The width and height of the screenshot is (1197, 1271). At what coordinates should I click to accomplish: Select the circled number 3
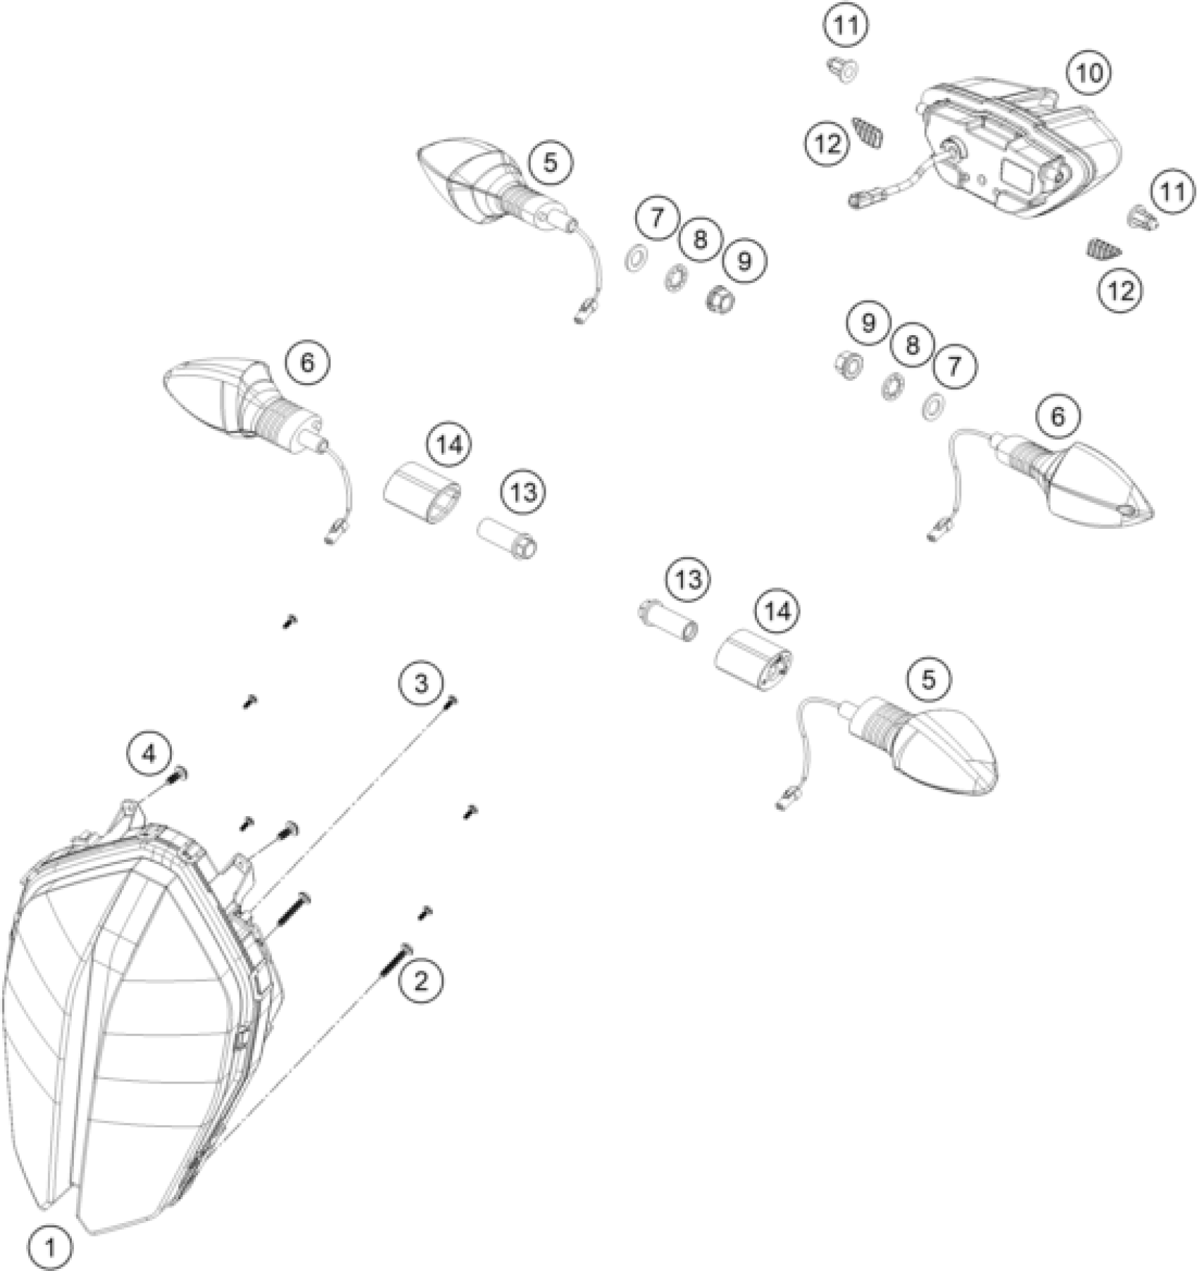pyautogui.click(x=420, y=682)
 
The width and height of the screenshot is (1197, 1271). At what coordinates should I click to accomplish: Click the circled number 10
pyautogui.click(x=1089, y=73)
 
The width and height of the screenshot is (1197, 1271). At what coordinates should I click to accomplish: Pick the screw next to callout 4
pyautogui.click(x=177, y=775)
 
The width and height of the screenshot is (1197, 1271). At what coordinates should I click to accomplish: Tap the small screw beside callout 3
pyautogui.click(x=452, y=701)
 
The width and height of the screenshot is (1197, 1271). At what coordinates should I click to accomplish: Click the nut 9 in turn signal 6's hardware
pyautogui.click(x=848, y=363)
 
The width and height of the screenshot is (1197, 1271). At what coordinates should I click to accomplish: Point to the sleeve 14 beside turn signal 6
pyautogui.click(x=421, y=491)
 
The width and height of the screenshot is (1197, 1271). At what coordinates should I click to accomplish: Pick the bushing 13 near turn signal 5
pyautogui.click(x=666, y=621)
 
